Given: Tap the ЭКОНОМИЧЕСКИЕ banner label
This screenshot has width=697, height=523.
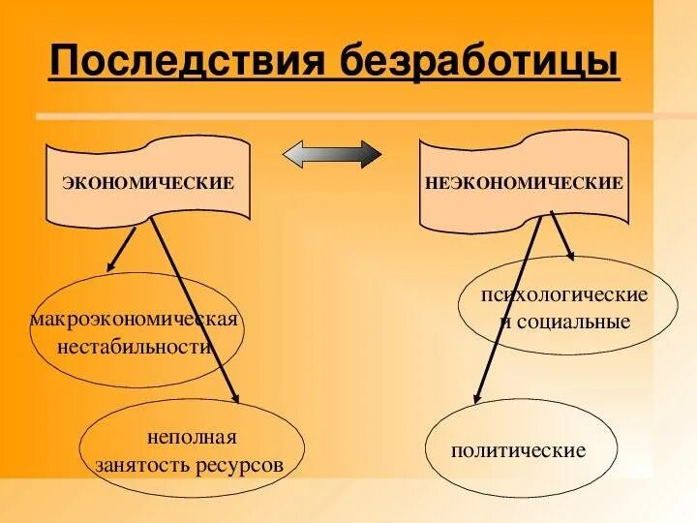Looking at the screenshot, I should click(148, 182).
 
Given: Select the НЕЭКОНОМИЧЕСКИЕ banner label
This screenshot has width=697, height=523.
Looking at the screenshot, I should click(524, 182).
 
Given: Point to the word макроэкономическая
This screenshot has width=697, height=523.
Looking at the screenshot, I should click(135, 320).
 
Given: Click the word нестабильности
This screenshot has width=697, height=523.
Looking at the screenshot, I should click(135, 346).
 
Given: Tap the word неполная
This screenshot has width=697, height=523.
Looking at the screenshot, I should click(192, 438).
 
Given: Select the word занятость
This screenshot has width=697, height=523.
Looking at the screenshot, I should click(138, 464).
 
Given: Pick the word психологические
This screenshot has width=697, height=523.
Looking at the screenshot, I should click(564, 293).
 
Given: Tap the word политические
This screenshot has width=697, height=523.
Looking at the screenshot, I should click(519, 450).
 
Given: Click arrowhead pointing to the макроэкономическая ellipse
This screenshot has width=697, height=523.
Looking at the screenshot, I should click(111, 265).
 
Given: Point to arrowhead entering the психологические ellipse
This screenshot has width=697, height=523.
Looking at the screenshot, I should click(571, 255).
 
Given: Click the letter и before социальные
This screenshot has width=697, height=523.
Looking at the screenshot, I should click(505, 321).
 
